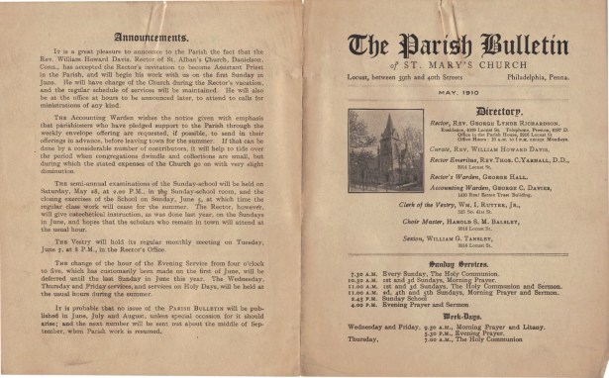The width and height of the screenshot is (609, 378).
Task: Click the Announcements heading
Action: (151, 38)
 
